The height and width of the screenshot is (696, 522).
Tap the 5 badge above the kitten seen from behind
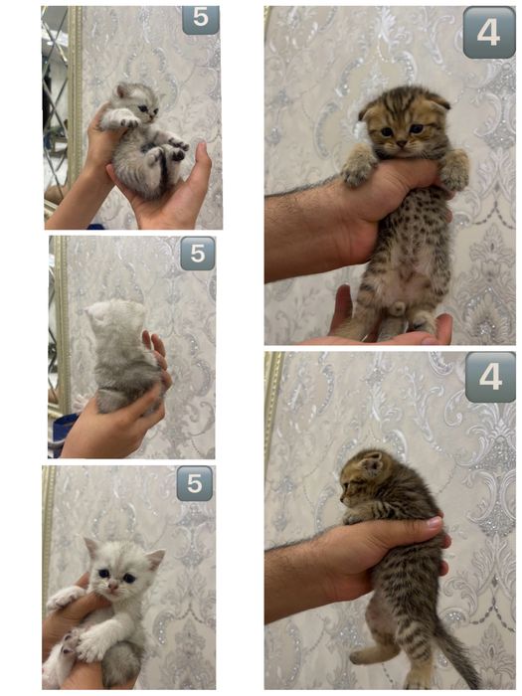tap(197, 254)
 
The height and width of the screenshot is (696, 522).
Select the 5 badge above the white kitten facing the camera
tap(194, 483)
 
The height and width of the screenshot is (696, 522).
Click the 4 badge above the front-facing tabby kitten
tap(488, 33)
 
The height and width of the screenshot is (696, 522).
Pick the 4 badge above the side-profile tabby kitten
tap(489, 377)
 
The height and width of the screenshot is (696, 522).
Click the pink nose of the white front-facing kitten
tap(112, 587)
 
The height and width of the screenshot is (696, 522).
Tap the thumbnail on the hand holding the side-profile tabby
tap(434, 521)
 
